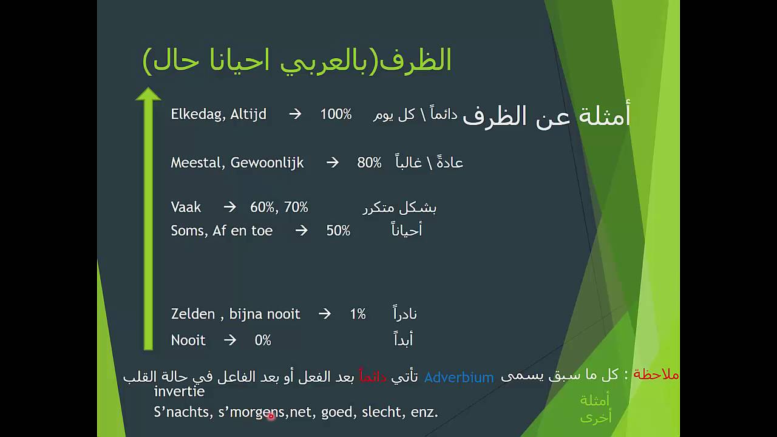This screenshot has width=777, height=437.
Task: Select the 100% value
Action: coord(336,114)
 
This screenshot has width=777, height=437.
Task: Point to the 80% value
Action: coord(369,163)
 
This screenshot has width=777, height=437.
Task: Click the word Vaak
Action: coord(186,208)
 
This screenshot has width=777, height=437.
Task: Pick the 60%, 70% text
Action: coord(279,208)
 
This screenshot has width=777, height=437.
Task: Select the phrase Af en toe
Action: coord(242,231)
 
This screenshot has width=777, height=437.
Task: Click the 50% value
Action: coord(338,231)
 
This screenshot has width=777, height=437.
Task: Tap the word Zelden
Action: coord(193,314)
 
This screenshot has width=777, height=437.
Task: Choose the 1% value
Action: coord(358,314)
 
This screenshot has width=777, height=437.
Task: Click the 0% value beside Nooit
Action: coord(263,340)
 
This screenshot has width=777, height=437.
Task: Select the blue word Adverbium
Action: coord(458,378)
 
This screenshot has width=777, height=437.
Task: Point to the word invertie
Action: coord(179,391)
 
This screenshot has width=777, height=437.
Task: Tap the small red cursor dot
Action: coord(271,416)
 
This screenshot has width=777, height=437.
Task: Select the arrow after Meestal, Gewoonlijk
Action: coord(332,163)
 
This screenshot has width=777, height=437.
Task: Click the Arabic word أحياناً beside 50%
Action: coord(406,231)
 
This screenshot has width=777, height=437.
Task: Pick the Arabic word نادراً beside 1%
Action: coord(404,314)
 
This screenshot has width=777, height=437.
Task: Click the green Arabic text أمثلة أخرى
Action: coord(595,408)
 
